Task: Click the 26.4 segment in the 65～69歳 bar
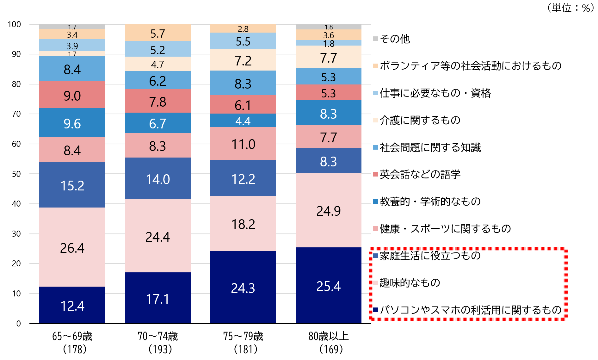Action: (72, 247)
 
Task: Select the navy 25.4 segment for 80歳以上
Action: (328, 285)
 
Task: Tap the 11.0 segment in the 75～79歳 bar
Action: (243, 144)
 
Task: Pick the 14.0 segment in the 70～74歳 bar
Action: (157, 179)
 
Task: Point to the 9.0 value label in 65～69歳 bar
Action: (72, 96)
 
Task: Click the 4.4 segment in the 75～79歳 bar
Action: (243, 121)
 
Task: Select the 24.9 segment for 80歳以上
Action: (328, 210)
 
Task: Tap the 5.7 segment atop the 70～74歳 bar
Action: (157, 33)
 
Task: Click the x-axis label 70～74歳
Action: (157, 336)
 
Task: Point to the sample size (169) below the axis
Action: (331, 349)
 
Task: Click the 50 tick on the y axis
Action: (16, 174)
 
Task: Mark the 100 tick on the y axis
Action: (14, 24)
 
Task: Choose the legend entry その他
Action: (395, 39)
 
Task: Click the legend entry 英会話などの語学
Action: (420, 174)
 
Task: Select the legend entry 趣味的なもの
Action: (410, 283)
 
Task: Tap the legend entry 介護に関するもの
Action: (420, 120)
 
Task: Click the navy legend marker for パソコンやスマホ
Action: (375, 310)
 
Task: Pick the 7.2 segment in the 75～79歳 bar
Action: (243, 60)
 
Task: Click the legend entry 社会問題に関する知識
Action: (430, 147)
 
